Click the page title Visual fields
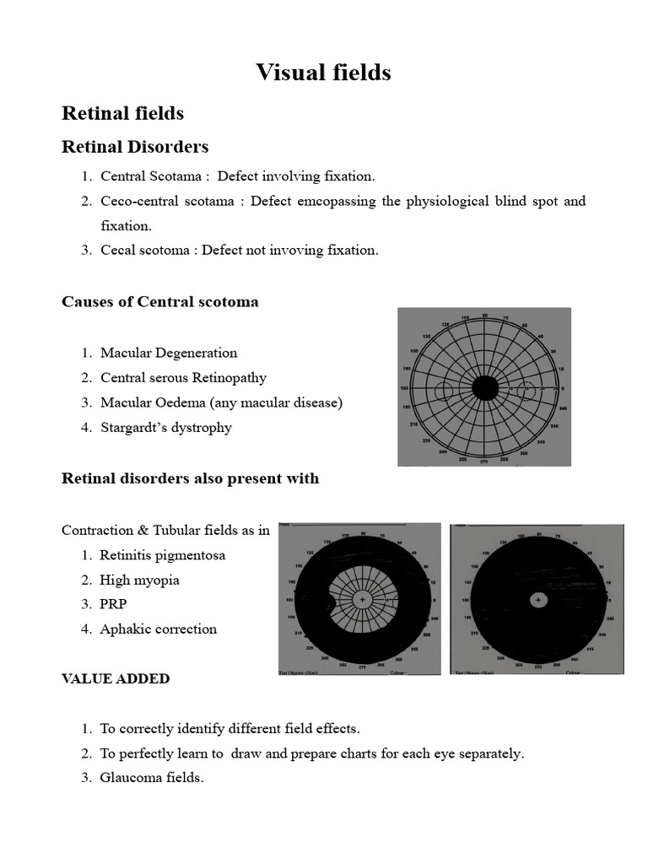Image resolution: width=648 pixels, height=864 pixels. [x=324, y=73]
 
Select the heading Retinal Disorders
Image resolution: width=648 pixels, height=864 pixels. [x=135, y=147]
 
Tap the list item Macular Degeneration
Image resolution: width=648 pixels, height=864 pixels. [x=169, y=353]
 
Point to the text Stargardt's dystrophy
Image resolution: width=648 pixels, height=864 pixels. [x=165, y=428]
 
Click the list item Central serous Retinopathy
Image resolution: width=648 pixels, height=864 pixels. [x=183, y=378]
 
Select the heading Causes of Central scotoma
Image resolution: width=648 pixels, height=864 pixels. [x=160, y=302]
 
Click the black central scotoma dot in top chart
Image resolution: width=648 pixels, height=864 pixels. [x=485, y=388]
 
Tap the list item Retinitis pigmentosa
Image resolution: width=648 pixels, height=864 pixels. [x=162, y=556]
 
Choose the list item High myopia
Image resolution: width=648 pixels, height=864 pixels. [x=139, y=580]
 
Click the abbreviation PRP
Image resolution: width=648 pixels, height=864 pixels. [x=113, y=604]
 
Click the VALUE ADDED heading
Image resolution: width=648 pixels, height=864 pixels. [x=116, y=679]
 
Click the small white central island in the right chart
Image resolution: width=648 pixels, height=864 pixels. [x=538, y=600]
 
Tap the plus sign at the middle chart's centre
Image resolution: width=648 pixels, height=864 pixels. [x=362, y=599]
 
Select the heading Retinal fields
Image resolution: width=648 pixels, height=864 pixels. [x=123, y=113]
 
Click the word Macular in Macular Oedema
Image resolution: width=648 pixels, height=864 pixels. [x=125, y=403]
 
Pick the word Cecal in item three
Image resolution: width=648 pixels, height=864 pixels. [x=119, y=251]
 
